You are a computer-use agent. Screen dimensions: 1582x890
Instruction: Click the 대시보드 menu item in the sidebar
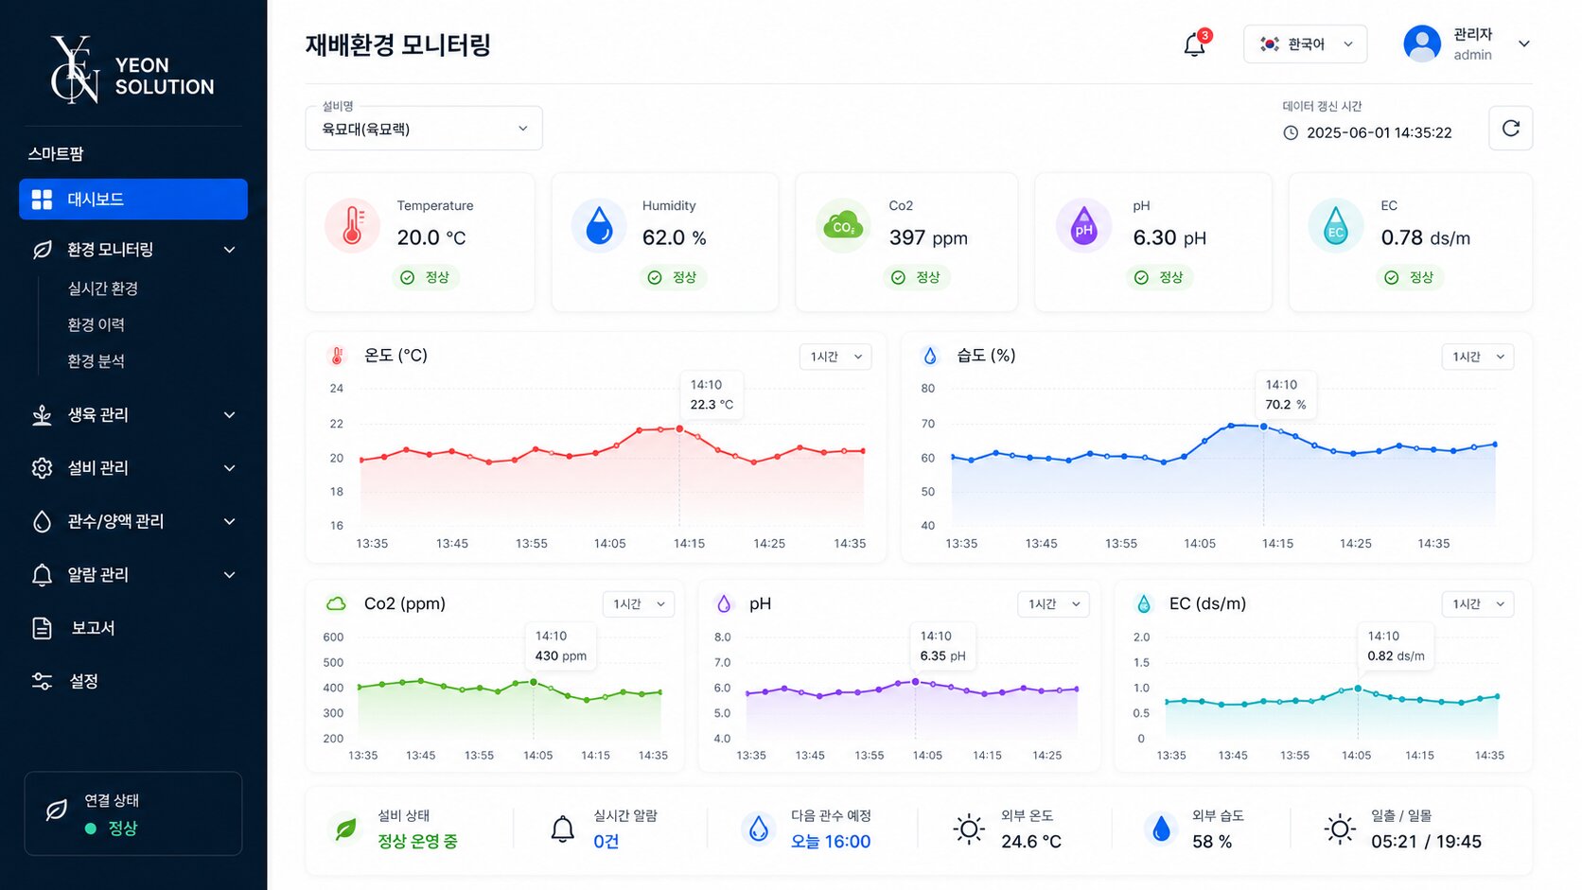click(x=132, y=199)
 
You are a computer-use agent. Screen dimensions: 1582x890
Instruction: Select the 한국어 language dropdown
click(x=1305, y=44)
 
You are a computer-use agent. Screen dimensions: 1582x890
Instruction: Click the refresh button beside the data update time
click(x=1510, y=129)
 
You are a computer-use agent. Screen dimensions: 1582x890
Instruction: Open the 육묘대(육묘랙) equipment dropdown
click(x=424, y=129)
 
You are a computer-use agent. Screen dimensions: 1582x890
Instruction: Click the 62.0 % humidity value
click(x=674, y=237)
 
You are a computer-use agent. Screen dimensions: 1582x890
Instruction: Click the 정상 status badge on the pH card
click(x=1159, y=277)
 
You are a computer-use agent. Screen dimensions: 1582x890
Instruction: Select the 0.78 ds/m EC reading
click(x=1425, y=237)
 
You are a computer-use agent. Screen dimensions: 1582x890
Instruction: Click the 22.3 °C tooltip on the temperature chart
click(x=712, y=394)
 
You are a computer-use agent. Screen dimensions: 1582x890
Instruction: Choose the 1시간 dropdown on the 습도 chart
click(x=1478, y=357)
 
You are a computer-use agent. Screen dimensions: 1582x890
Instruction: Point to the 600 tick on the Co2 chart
click(x=333, y=637)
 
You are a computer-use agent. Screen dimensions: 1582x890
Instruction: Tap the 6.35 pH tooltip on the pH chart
click(x=942, y=646)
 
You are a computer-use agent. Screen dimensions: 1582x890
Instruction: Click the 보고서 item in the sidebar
click(x=93, y=627)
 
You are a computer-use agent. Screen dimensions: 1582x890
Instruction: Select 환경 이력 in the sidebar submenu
click(x=96, y=324)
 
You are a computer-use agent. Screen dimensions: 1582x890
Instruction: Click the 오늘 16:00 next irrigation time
click(x=830, y=842)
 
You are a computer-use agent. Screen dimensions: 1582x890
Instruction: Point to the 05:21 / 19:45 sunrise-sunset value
click(x=1426, y=842)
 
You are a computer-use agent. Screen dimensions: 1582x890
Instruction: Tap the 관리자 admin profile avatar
click(x=1422, y=44)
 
